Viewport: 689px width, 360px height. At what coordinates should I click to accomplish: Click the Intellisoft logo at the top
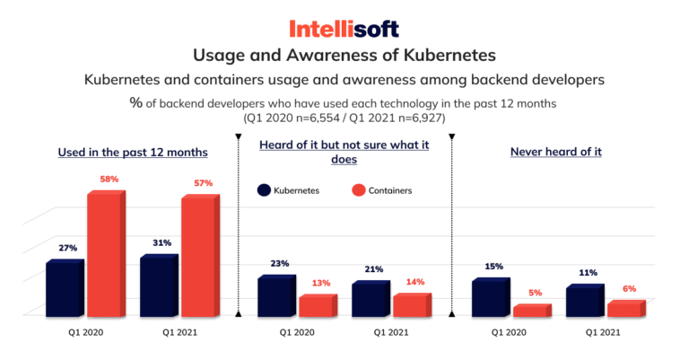point(344,27)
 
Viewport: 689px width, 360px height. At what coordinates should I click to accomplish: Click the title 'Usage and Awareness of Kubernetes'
point(344,56)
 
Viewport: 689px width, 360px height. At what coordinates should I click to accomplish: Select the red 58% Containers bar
point(105,254)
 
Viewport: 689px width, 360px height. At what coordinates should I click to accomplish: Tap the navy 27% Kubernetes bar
point(65,288)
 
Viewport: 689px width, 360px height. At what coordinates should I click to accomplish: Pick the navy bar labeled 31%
point(160,286)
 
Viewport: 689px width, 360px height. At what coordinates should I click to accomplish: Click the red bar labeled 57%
point(200,256)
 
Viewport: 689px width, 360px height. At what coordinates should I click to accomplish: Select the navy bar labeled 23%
point(276,297)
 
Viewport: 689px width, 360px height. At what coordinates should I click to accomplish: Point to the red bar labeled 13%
point(317,306)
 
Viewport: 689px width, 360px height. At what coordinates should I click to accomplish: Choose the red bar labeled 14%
point(412,305)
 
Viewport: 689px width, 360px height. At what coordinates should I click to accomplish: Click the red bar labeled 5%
point(531,311)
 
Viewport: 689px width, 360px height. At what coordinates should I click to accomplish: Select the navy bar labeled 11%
point(586,302)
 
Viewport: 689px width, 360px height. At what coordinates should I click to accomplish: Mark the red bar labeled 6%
point(625,309)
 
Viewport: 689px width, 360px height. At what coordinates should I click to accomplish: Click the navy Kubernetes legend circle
point(265,190)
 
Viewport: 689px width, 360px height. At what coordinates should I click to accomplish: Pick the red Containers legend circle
point(358,190)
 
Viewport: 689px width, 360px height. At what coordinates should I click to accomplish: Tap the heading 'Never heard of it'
point(555,152)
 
